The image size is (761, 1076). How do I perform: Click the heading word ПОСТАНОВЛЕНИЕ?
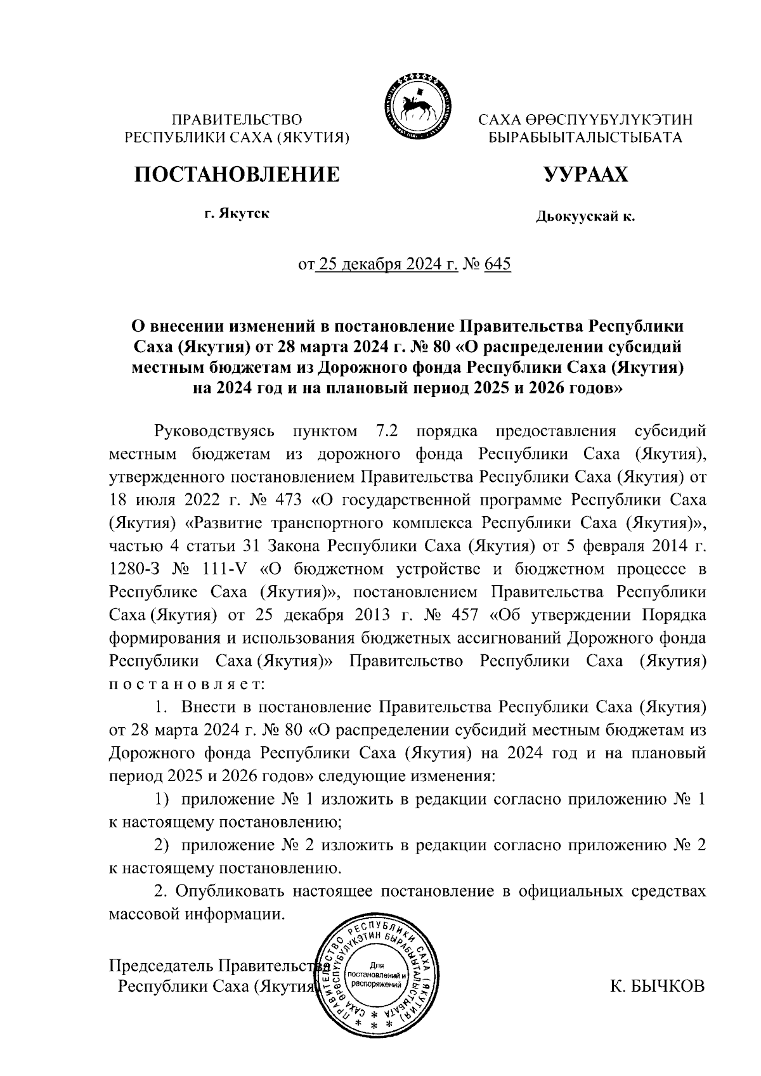tap(237, 174)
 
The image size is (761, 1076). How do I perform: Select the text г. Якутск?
tap(237, 213)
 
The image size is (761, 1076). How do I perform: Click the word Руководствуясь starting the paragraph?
tap(214, 432)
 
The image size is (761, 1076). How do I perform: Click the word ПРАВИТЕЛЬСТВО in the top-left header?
tap(237, 119)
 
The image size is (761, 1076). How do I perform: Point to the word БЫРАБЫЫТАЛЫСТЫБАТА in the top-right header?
tap(584, 137)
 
